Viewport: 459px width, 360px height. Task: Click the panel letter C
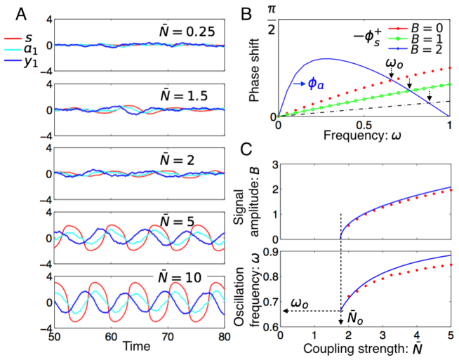246,149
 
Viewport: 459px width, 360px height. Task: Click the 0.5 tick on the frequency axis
363,125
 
